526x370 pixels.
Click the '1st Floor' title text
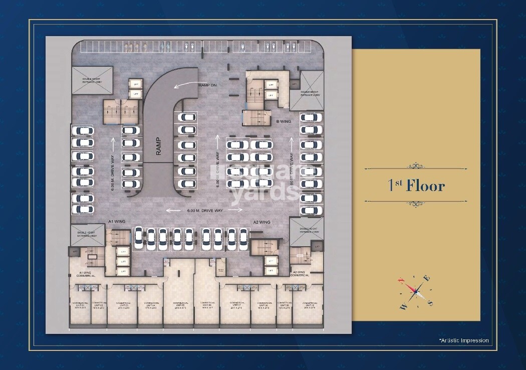416,186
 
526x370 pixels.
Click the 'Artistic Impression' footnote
463,340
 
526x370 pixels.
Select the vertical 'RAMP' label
159,146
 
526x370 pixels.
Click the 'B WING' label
284,121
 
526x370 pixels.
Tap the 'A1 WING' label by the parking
116,221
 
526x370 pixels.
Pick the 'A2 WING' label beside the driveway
261,222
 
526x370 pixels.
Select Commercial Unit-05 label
177,305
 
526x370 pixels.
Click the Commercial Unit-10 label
309,305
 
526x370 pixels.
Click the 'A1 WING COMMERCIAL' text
88,274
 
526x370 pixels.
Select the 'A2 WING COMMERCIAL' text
302,274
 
